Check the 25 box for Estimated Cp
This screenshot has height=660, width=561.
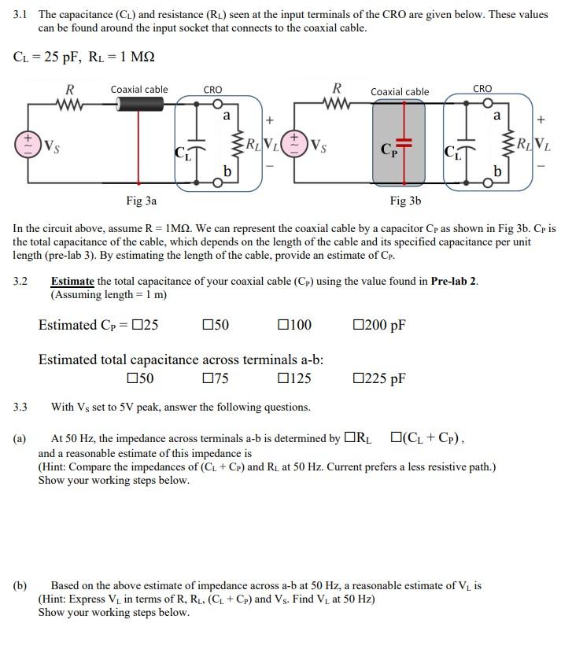pyautogui.click(x=138, y=325)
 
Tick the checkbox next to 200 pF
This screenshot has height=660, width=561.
pyautogui.click(x=359, y=325)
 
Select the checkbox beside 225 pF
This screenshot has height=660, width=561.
pyautogui.click(x=359, y=378)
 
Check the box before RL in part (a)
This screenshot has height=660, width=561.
pyautogui.click(x=350, y=438)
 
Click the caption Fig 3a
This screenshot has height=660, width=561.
pyautogui.click(x=141, y=201)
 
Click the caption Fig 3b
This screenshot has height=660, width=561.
pyautogui.click(x=405, y=201)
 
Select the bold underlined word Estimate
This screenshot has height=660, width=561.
pyautogui.click(x=72, y=282)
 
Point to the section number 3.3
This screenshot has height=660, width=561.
pyautogui.click(x=20, y=407)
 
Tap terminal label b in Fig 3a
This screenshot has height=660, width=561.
pyautogui.click(x=227, y=171)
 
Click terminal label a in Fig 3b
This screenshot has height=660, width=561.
pyautogui.click(x=496, y=116)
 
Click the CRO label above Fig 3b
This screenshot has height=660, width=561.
pyautogui.click(x=482, y=89)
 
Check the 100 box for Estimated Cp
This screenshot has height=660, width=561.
pyautogui.click(x=284, y=325)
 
